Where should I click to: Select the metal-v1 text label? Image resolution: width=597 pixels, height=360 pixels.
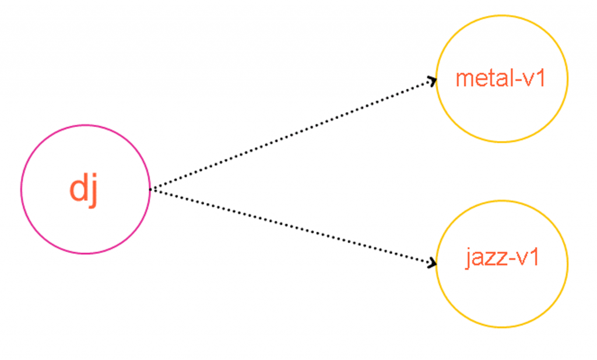click(x=500, y=79)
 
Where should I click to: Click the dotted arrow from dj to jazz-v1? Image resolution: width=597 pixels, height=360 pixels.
click(x=292, y=226)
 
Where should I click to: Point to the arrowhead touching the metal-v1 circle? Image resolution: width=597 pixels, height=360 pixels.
click(x=433, y=80)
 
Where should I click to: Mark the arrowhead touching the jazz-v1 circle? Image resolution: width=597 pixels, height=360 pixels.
click(x=433, y=264)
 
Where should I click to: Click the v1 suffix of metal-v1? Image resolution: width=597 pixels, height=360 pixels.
click(x=534, y=79)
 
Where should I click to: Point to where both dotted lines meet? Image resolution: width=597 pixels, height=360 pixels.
click(x=150, y=189)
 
